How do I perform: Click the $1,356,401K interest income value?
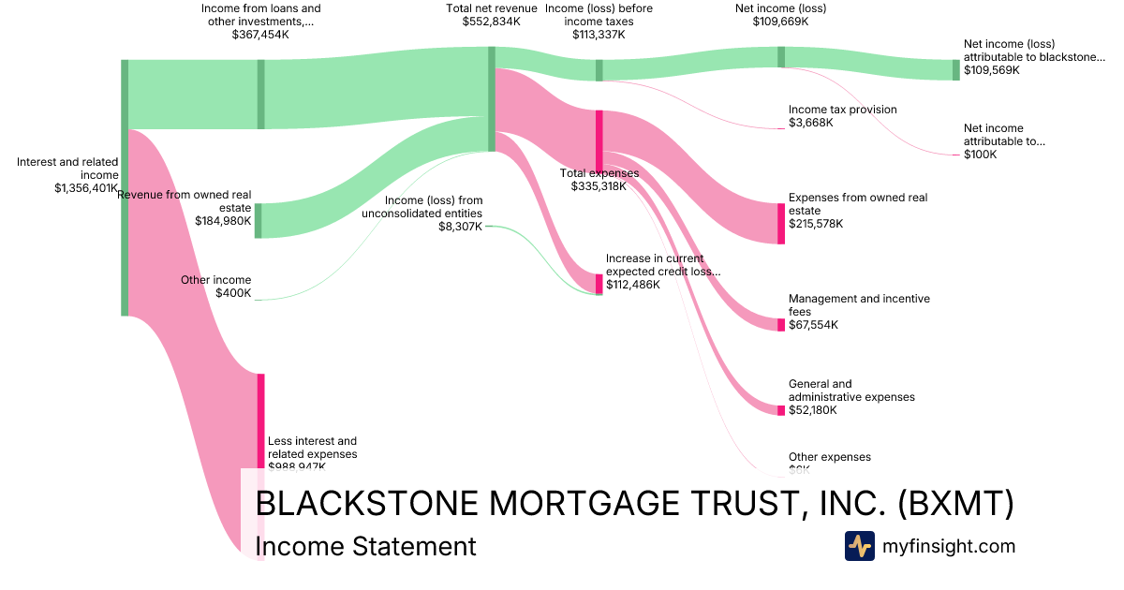(x=86, y=187)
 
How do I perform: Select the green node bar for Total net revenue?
(x=492, y=98)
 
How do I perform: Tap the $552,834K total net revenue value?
(x=491, y=22)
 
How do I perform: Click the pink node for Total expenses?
(x=599, y=140)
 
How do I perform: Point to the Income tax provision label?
(x=842, y=110)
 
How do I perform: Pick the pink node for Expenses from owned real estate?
(x=781, y=223)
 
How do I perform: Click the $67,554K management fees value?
(x=813, y=325)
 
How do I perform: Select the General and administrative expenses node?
(x=781, y=410)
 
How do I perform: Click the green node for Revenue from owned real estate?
(x=259, y=220)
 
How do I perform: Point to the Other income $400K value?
(x=233, y=293)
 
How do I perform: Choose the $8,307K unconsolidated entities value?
(x=461, y=226)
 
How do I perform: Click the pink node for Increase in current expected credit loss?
(x=599, y=283)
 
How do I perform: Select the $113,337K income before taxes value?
(x=599, y=35)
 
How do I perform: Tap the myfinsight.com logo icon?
(x=859, y=546)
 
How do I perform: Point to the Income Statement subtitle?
(x=365, y=546)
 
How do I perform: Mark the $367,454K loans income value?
(x=260, y=35)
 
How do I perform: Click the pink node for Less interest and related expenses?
(x=261, y=421)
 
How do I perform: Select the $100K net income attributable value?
(x=980, y=155)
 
